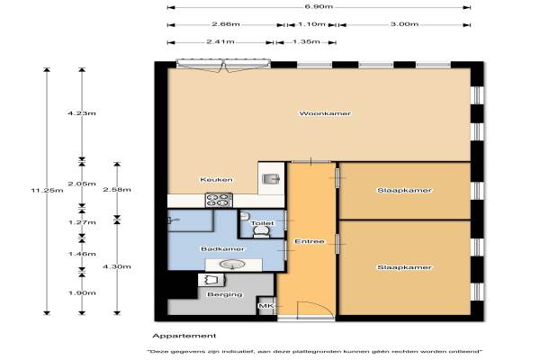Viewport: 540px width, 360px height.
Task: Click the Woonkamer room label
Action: click(x=325, y=113)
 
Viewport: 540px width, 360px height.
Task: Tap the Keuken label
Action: click(x=216, y=180)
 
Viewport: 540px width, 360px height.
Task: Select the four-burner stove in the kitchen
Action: click(x=219, y=200)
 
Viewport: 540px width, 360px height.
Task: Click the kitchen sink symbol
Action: click(x=271, y=179)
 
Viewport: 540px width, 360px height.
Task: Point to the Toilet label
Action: click(x=262, y=223)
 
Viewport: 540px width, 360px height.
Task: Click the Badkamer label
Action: click(x=222, y=248)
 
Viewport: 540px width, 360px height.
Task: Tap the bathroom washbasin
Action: click(x=232, y=265)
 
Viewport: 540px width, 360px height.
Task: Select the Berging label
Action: click(x=225, y=294)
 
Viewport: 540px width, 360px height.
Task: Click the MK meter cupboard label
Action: click(x=266, y=306)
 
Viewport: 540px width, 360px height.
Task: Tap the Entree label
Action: click(x=310, y=241)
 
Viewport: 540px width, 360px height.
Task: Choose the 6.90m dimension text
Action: click(x=319, y=6)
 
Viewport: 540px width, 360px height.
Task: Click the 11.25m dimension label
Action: click(x=47, y=190)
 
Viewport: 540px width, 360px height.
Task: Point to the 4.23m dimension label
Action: click(x=82, y=113)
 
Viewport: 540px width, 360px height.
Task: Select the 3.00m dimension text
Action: click(x=405, y=24)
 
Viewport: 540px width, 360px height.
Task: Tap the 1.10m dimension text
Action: click(x=311, y=24)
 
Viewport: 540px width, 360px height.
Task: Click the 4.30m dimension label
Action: click(x=117, y=266)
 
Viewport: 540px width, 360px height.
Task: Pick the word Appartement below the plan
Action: click(x=184, y=336)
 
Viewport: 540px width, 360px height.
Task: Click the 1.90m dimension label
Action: click(x=82, y=293)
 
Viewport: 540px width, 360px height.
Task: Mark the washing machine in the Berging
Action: click(x=211, y=280)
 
